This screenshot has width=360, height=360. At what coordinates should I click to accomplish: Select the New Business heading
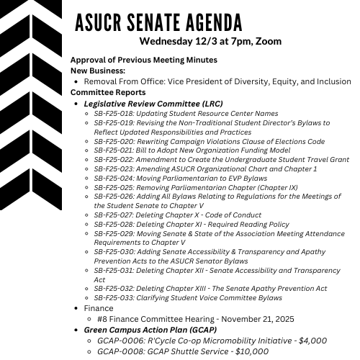[98, 71]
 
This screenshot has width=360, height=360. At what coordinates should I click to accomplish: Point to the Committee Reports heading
[108, 92]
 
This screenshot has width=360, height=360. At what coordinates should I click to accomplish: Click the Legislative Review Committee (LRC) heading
[153, 104]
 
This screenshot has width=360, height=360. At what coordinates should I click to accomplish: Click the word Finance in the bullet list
[99, 308]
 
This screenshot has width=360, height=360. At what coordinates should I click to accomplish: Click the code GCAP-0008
[122, 351]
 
